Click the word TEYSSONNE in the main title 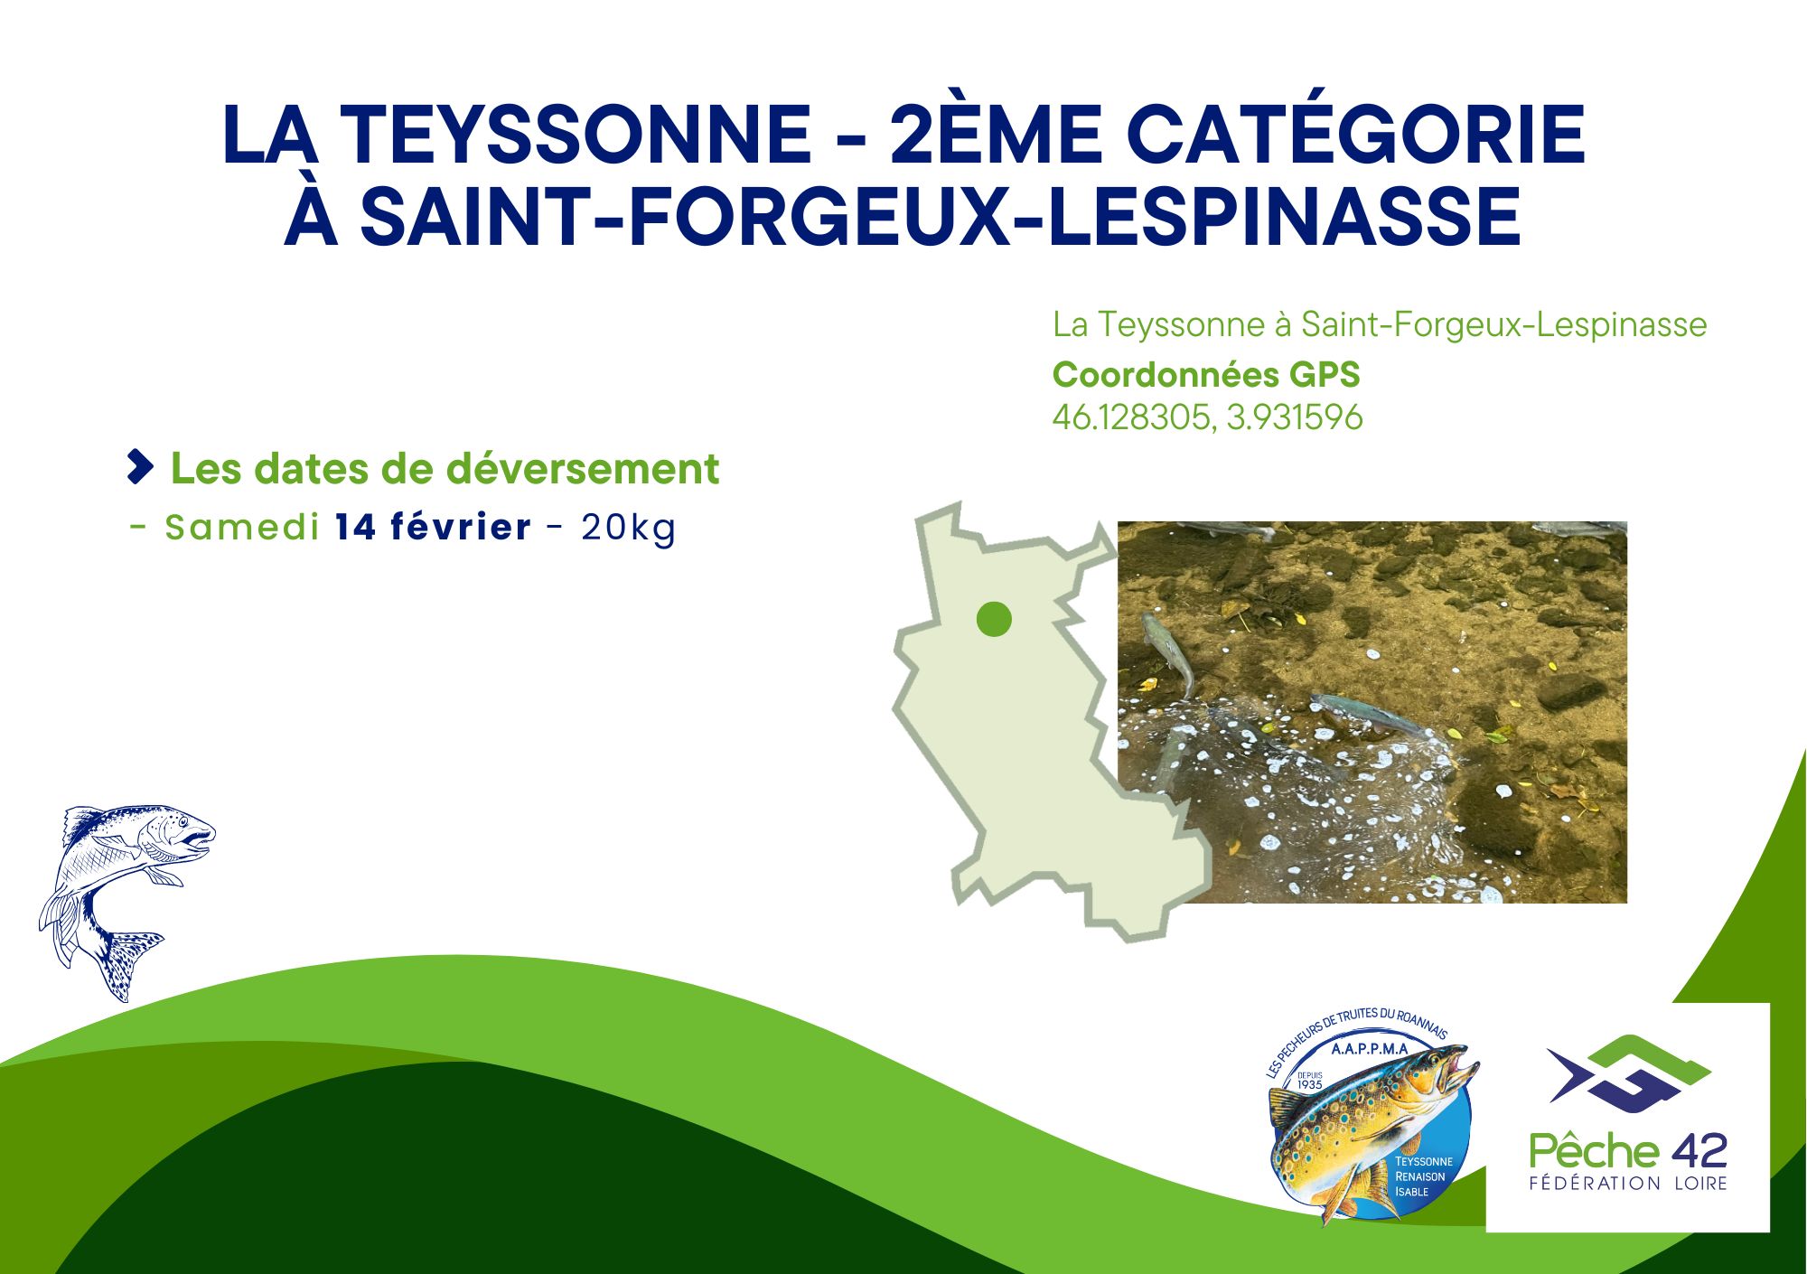(x=579, y=135)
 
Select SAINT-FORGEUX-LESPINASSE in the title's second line (x=941, y=217)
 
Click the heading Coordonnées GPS (x=1206, y=374)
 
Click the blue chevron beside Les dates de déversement (x=140, y=466)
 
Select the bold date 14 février (x=433, y=527)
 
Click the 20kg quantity (x=629, y=528)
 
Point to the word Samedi (x=242, y=527)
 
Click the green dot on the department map (x=994, y=620)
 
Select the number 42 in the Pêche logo (x=1698, y=1151)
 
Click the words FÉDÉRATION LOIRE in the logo (x=1628, y=1183)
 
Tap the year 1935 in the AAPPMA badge (x=1309, y=1084)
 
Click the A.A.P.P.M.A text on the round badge (x=1370, y=1049)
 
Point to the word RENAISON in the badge (x=1419, y=1176)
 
